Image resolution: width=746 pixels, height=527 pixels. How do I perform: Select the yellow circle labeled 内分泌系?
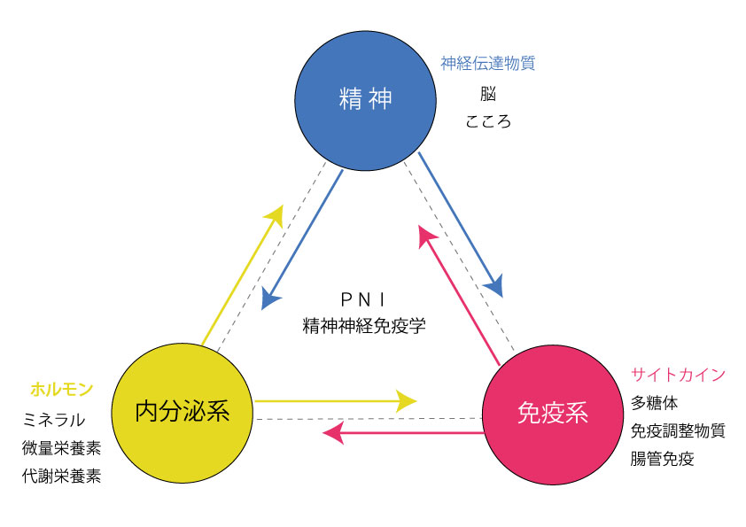(x=183, y=411)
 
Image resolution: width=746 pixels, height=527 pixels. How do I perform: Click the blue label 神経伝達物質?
(x=488, y=64)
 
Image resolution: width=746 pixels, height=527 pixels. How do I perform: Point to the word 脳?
(x=488, y=93)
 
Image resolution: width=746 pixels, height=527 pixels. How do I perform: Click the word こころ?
(x=488, y=121)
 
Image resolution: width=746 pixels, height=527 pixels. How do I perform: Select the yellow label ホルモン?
(x=61, y=389)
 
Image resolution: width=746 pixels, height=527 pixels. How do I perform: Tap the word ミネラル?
(x=54, y=419)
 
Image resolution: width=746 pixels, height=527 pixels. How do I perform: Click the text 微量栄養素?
(x=61, y=447)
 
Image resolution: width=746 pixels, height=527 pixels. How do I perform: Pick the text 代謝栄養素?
(x=61, y=476)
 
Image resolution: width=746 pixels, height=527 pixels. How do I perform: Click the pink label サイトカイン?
(x=678, y=374)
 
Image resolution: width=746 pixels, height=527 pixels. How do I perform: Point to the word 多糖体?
(x=655, y=403)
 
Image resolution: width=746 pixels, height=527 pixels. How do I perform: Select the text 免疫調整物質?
(x=678, y=430)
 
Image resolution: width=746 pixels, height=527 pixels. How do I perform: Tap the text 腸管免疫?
(x=662, y=459)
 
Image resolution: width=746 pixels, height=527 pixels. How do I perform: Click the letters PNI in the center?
(x=364, y=298)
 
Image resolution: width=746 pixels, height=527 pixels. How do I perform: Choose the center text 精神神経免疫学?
(x=364, y=325)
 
